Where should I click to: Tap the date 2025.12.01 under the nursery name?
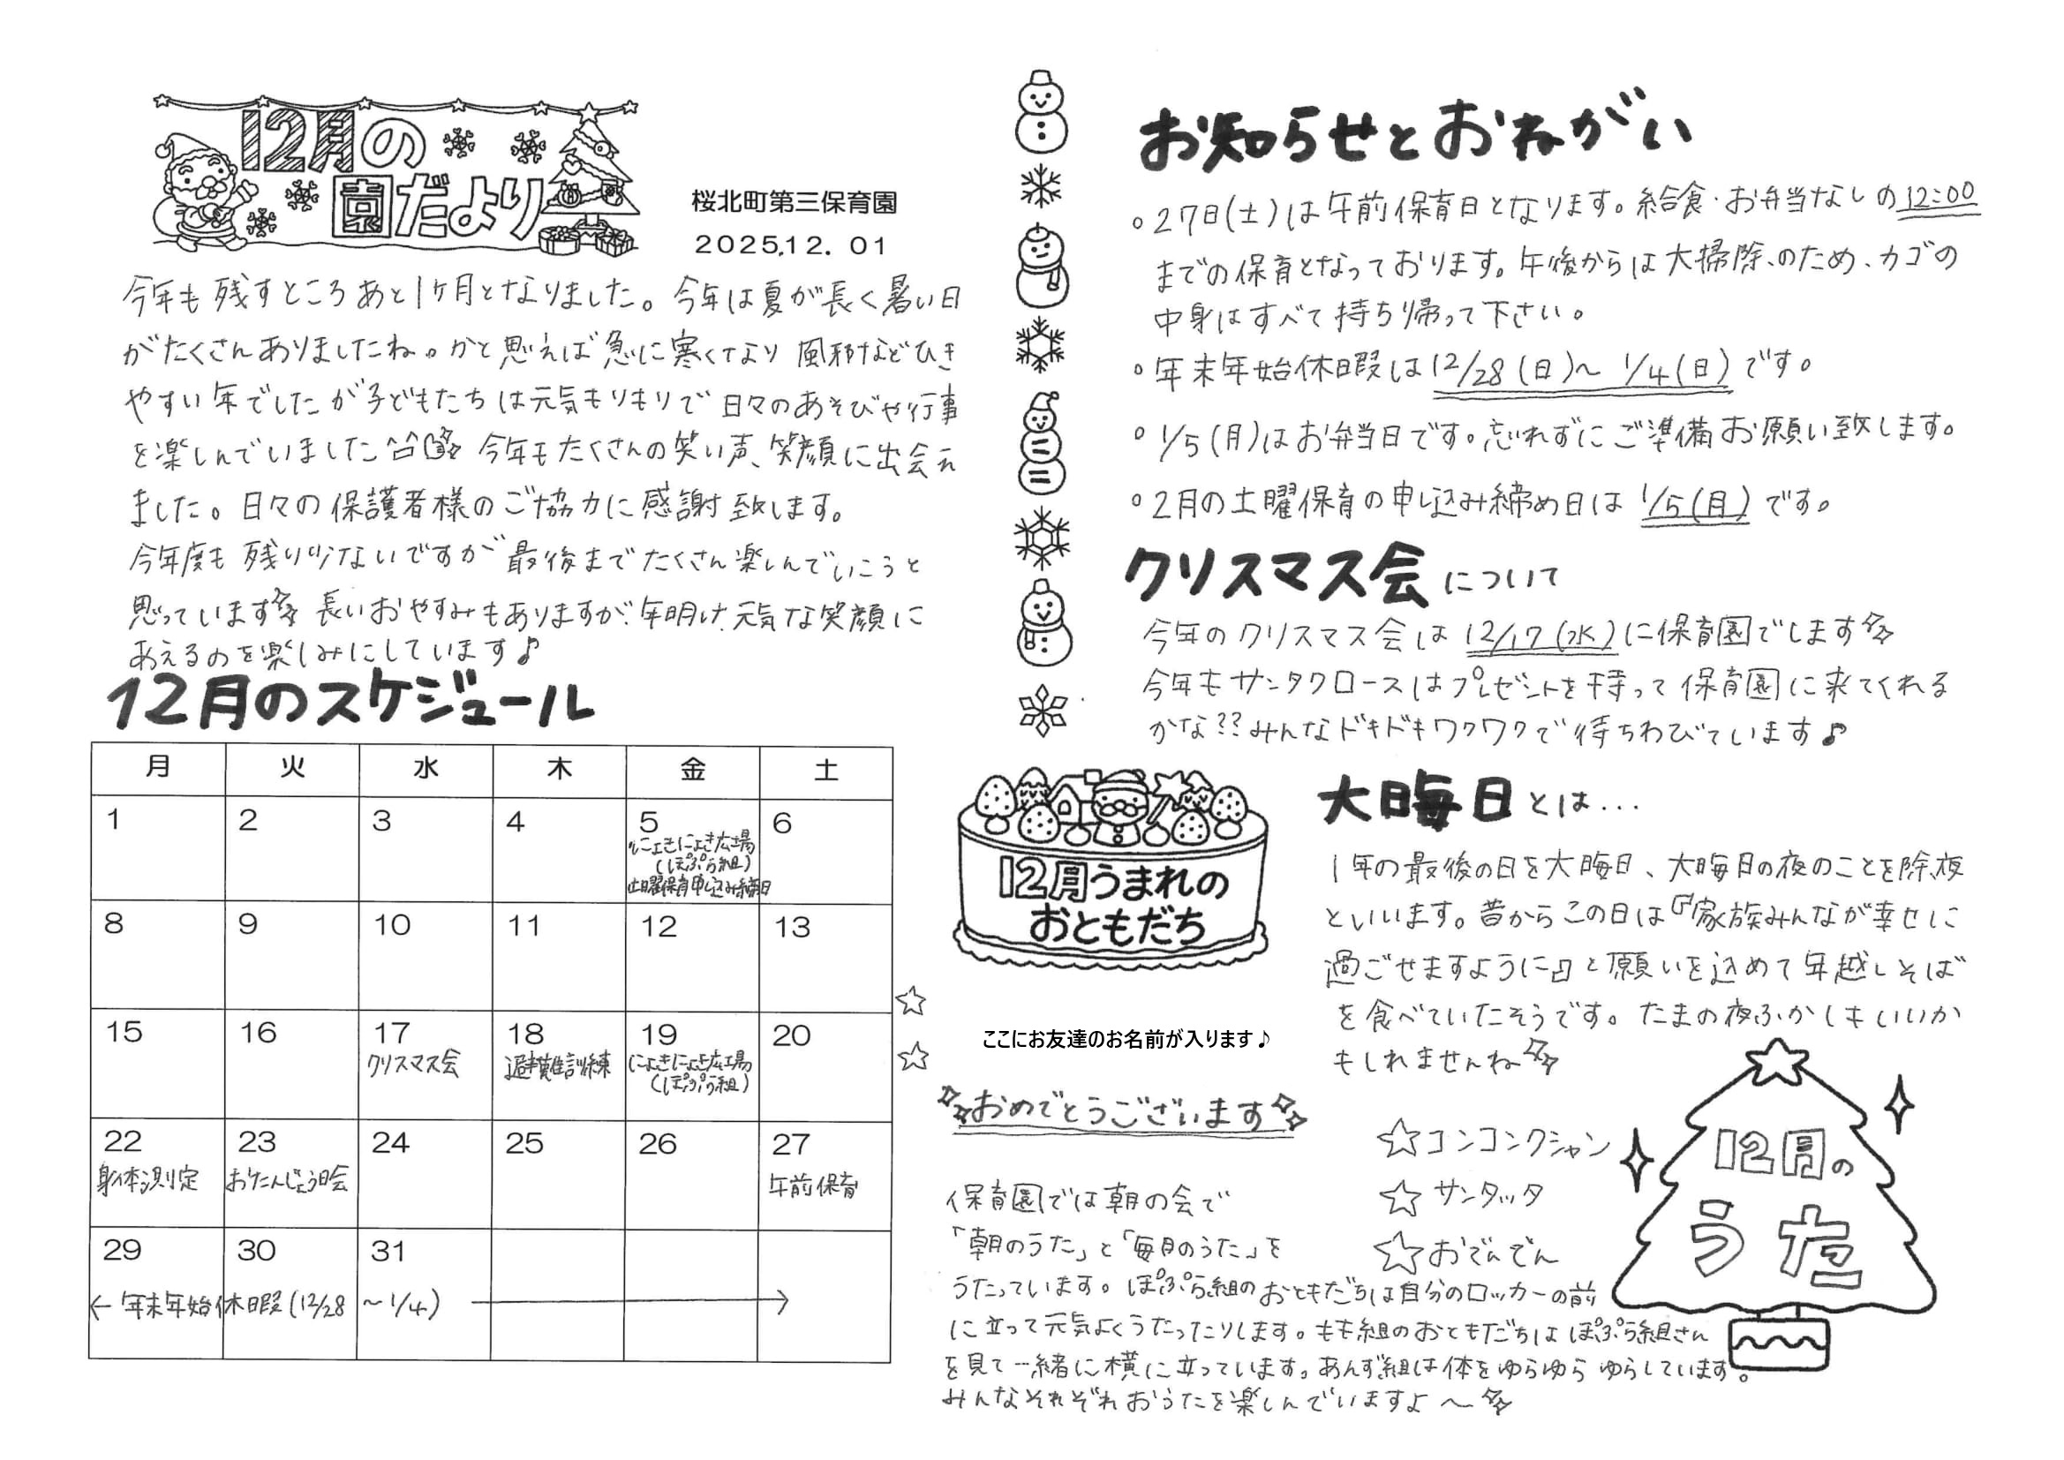791,245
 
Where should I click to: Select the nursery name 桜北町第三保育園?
794,203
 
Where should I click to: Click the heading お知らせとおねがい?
1413,139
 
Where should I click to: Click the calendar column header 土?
825,771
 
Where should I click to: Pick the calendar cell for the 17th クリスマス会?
425,1063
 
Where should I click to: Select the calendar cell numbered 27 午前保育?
825,1172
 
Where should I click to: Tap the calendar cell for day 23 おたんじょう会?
290,1172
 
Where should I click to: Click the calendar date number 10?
392,925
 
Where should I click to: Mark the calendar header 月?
158,768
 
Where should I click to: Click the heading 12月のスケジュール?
350,704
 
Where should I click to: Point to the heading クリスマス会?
1277,576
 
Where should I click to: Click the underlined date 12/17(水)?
1539,636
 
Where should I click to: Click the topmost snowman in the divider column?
1040,109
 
